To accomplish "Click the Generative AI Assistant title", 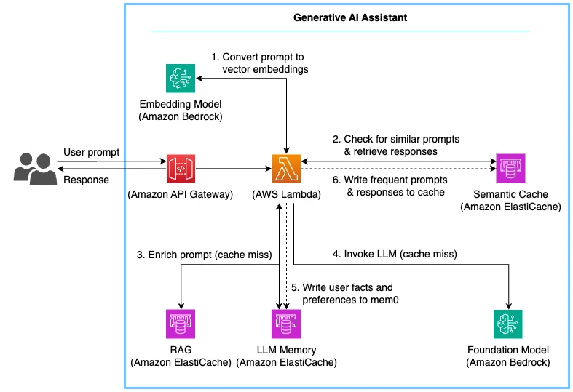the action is click(350, 17).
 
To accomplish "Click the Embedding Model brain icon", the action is click(181, 79).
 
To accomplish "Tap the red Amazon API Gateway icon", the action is click(181, 169).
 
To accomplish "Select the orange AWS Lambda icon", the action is click(287, 169).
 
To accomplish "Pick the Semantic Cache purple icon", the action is click(510, 168).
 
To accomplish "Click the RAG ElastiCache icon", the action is click(181, 324).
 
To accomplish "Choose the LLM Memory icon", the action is click(286, 324).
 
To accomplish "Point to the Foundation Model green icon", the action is click(508, 324).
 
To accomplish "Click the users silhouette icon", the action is click(35, 169).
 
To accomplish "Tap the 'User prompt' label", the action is click(91, 152).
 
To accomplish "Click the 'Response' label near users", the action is click(86, 180).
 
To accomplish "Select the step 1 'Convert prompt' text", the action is click(260, 63).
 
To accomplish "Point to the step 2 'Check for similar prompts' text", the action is click(396, 145).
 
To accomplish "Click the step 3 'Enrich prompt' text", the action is click(205, 255).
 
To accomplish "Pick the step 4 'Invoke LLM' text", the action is click(395, 254).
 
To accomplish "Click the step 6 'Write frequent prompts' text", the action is click(390, 186).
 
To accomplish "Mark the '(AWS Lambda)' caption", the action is click(287, 194).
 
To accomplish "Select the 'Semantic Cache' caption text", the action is click(510, 194).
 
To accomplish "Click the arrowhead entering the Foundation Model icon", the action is click(509, 306).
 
